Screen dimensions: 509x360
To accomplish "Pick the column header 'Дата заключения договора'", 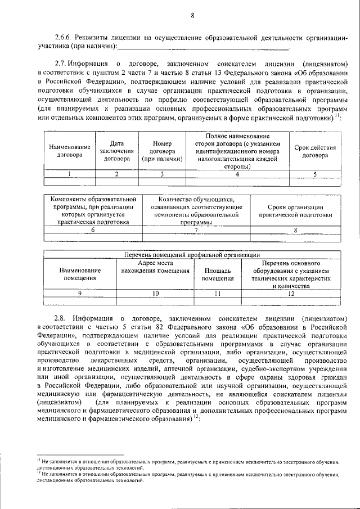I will click(x=117, y=151).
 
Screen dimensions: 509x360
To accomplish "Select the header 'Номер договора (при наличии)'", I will click(x=162, y=151).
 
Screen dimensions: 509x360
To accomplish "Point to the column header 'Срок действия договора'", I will click(x=315, y=151).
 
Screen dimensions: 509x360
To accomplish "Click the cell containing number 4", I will click(x=237, y=174).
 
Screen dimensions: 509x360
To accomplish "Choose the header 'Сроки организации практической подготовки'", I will click(x=295, y=211).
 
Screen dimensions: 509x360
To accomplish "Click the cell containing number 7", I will click(x=196, y=230).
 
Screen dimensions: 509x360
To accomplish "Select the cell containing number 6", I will click(x=93, y=230).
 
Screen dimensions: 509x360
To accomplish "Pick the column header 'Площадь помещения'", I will click(x=218, y=274).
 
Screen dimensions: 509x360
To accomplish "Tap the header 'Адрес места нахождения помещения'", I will click(x=155, y=267).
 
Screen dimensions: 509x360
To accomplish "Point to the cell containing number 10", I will click(x=155, y=294).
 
